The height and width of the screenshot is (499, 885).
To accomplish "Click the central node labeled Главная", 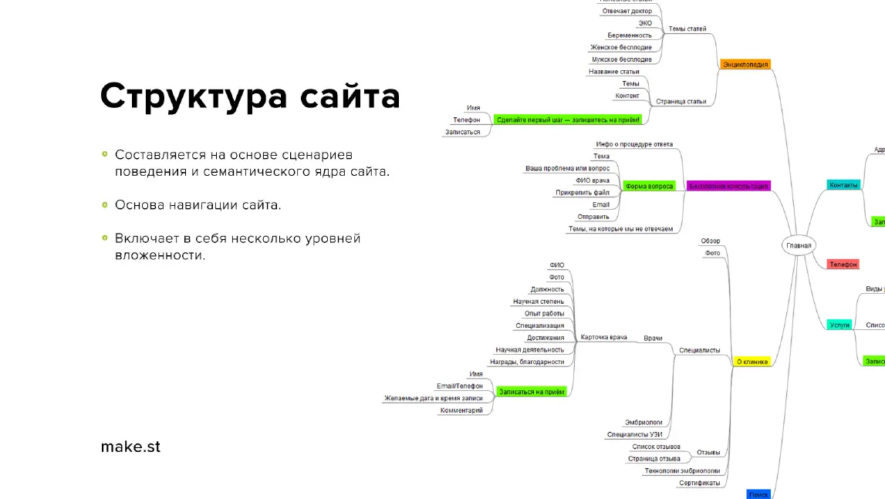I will [x=799, y=246].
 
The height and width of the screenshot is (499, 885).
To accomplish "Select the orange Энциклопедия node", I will [x=745, y=65].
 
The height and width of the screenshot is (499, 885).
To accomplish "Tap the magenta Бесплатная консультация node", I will [x=728, y=186].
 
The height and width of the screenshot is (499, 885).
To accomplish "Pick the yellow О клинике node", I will [x=752, y=361].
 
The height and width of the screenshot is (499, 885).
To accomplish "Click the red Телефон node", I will [x=843, y=264].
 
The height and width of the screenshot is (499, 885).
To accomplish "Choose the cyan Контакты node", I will [x=843, y=185].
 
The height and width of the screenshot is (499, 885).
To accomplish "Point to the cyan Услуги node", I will [x=839, y=325].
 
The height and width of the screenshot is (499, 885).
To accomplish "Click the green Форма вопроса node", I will [x=649, y=186].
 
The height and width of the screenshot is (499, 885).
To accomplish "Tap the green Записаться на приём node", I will [x=532, y=392].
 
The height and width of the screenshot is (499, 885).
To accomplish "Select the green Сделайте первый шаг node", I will [x=569, y=120].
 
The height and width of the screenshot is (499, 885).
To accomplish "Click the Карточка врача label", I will [x=603, y=337].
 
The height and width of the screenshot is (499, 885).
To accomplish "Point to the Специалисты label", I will [x=699, y=350].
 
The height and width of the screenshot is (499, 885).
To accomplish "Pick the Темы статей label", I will [x=687, y=29].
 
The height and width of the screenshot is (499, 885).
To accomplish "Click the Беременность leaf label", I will [x=630, y=35].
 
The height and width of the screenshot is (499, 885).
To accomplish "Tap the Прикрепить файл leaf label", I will [x=583, y=192].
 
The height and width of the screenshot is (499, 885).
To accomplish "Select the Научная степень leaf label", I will [x=539, y=302].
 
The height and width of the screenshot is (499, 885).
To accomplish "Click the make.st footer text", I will [x=130, y=447].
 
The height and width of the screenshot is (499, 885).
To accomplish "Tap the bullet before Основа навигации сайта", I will [x=104, y=205].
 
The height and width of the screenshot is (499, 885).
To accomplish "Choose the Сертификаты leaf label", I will [x=699, y=483].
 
